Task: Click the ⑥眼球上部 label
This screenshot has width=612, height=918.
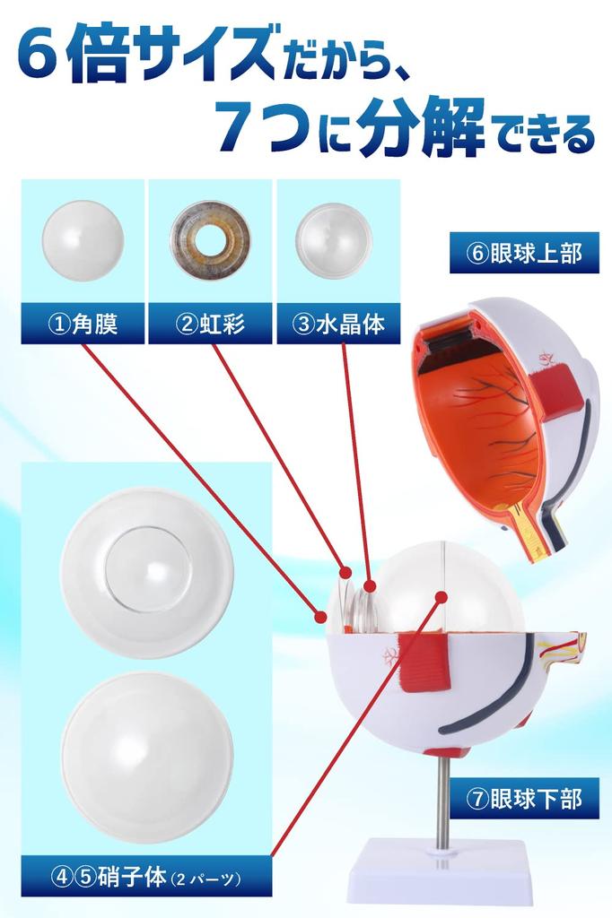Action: [x=525, y=254]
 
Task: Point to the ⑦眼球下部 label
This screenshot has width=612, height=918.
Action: [x=525, y=798]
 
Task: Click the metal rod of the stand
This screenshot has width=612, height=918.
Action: [x=442, y=798]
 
